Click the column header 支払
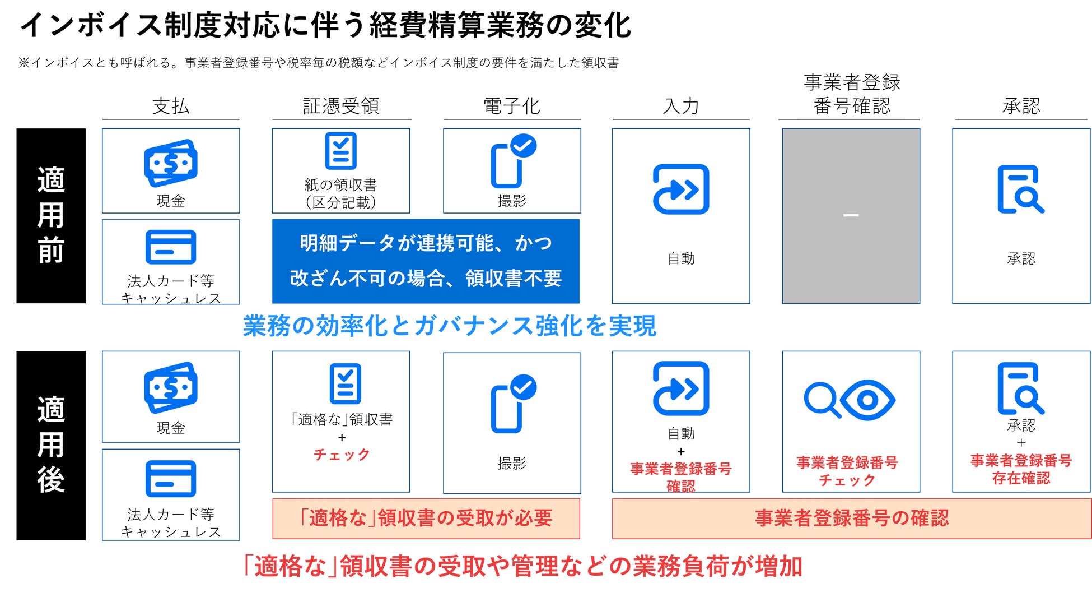pos(171,106)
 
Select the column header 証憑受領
pos(341,106)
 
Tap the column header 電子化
pos(511,106)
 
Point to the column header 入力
pos(680,106)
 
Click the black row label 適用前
pos(51,216)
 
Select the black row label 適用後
pos(51,445)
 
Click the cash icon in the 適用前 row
pos(171,163)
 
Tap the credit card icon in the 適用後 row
pos(171,479)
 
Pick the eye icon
pos(867,400)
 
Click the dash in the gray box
pos(851,215)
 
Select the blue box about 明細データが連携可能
pos(426,261)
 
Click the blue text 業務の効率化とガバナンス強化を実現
pos(449,326)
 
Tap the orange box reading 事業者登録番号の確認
pos(851,519)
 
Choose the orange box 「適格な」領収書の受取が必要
pos(426,519)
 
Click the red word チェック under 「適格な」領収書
pos(342,455)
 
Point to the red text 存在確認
pos(1021,478)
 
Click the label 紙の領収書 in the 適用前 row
pos(340,184)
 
